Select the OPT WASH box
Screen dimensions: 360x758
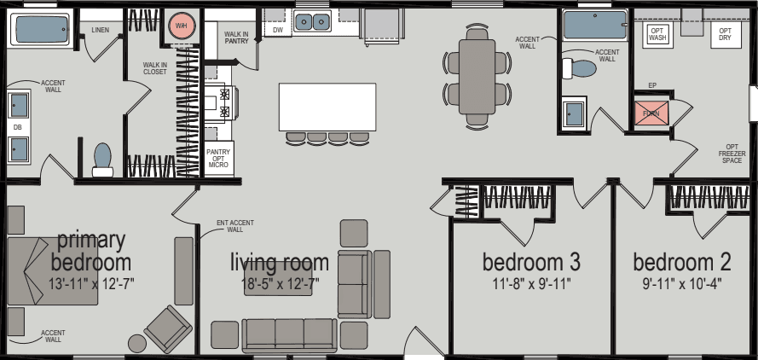[657, 35]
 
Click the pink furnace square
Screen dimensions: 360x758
[651, 113]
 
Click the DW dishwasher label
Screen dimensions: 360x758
[277, 29]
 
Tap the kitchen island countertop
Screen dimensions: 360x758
[327, 107]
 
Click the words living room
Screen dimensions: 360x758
[280, 262]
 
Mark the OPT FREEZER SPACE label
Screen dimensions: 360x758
[732, 154]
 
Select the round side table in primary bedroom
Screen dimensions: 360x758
[136, 344]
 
